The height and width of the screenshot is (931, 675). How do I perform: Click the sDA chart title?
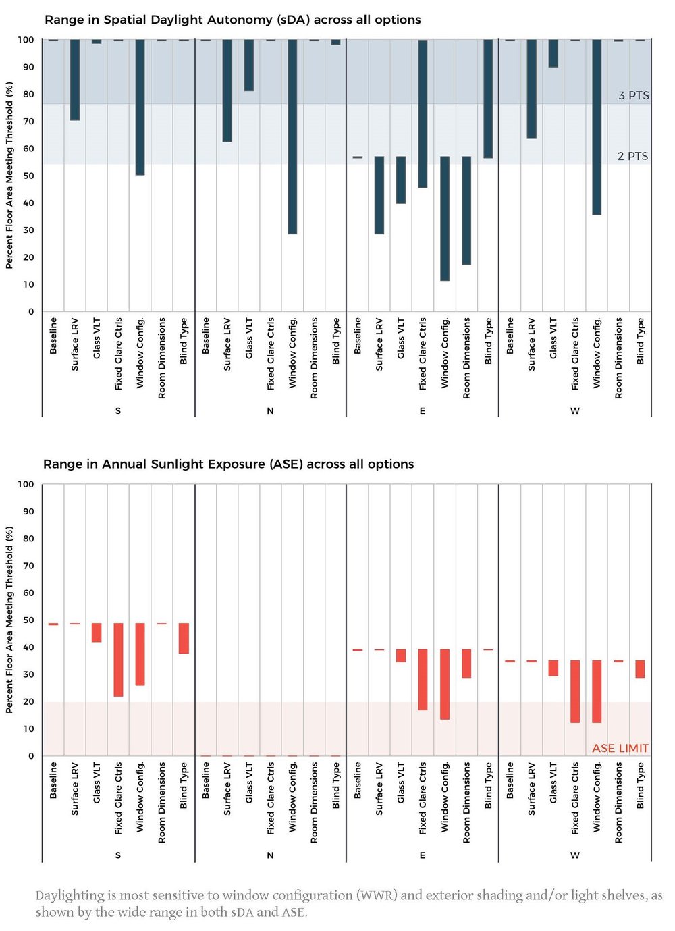click(232, 20)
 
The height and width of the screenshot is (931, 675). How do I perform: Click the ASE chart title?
click(228, 464)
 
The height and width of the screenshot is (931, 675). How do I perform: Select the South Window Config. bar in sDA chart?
click(140, 107)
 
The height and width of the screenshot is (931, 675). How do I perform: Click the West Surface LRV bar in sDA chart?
click(532, 88)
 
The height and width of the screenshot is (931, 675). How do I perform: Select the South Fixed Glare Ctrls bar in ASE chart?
click(118, 660)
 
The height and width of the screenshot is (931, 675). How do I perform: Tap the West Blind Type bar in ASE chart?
click(640, 669)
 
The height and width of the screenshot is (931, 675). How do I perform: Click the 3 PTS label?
click(633, 95)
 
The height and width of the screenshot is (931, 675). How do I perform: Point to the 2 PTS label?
click(632, 156)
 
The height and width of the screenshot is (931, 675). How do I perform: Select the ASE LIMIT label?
click(620, 748)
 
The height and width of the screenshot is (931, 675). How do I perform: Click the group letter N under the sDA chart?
click(270, 410)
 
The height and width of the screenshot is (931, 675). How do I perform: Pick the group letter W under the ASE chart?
click(574, 855)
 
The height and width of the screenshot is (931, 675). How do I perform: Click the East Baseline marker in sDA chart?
click(357, 157)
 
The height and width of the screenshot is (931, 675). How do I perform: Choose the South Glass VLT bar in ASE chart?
click(97, 633)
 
